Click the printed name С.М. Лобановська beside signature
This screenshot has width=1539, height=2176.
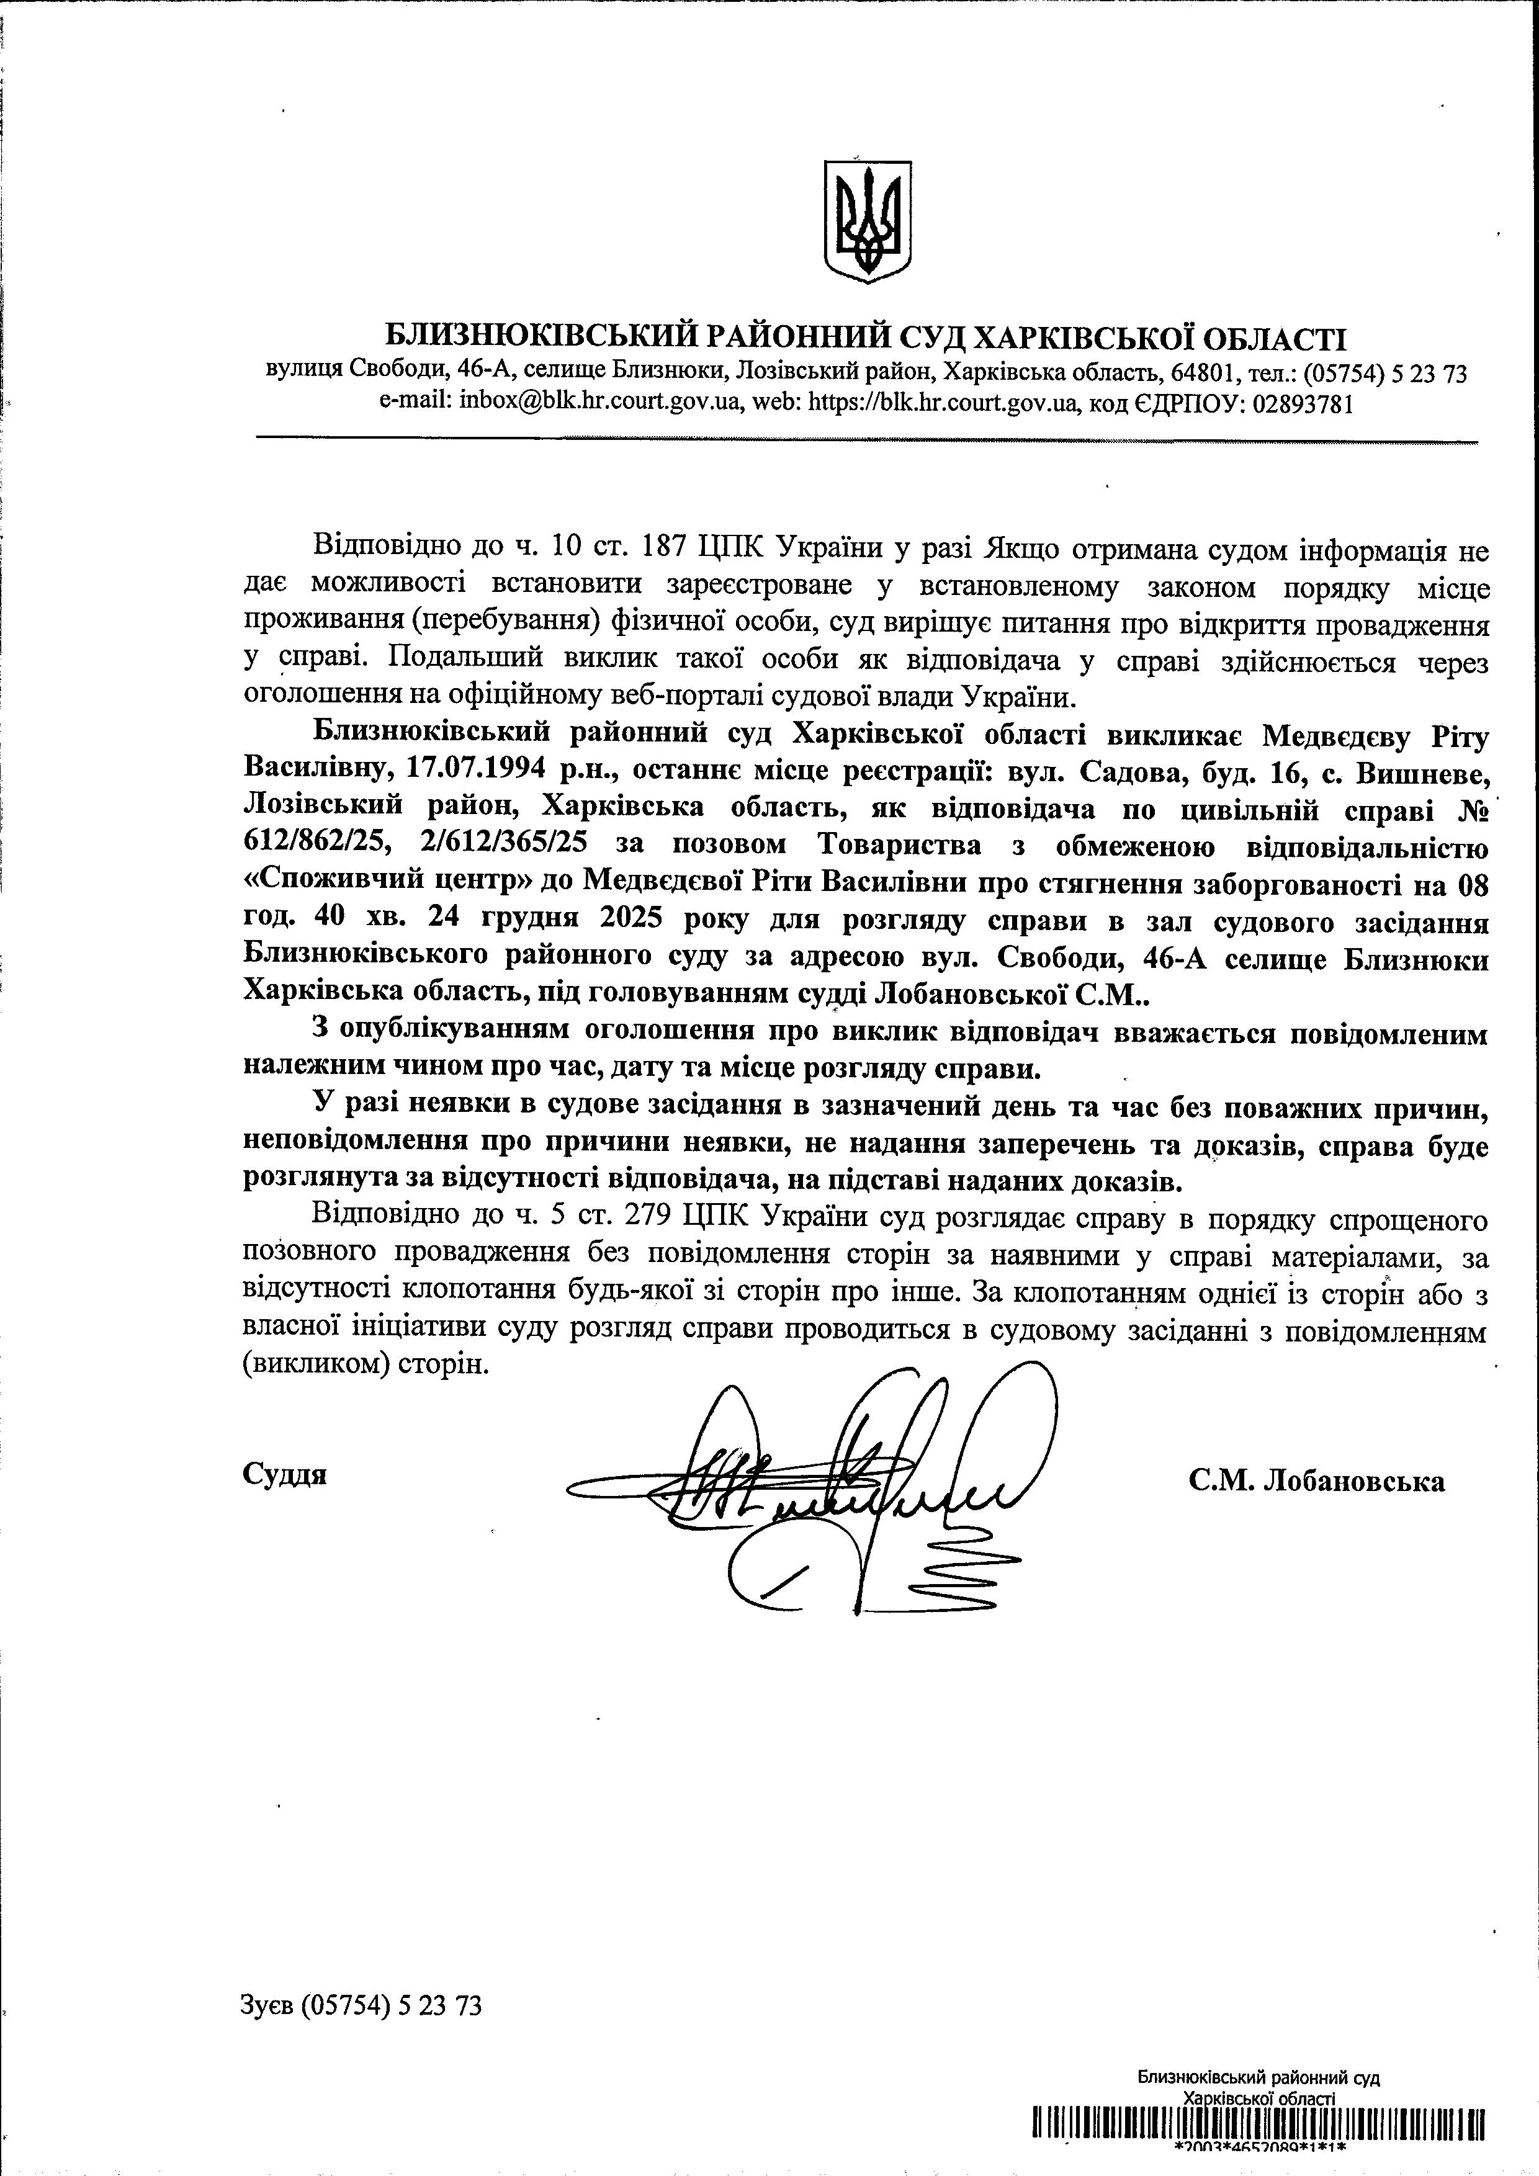click(1316, 1480)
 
